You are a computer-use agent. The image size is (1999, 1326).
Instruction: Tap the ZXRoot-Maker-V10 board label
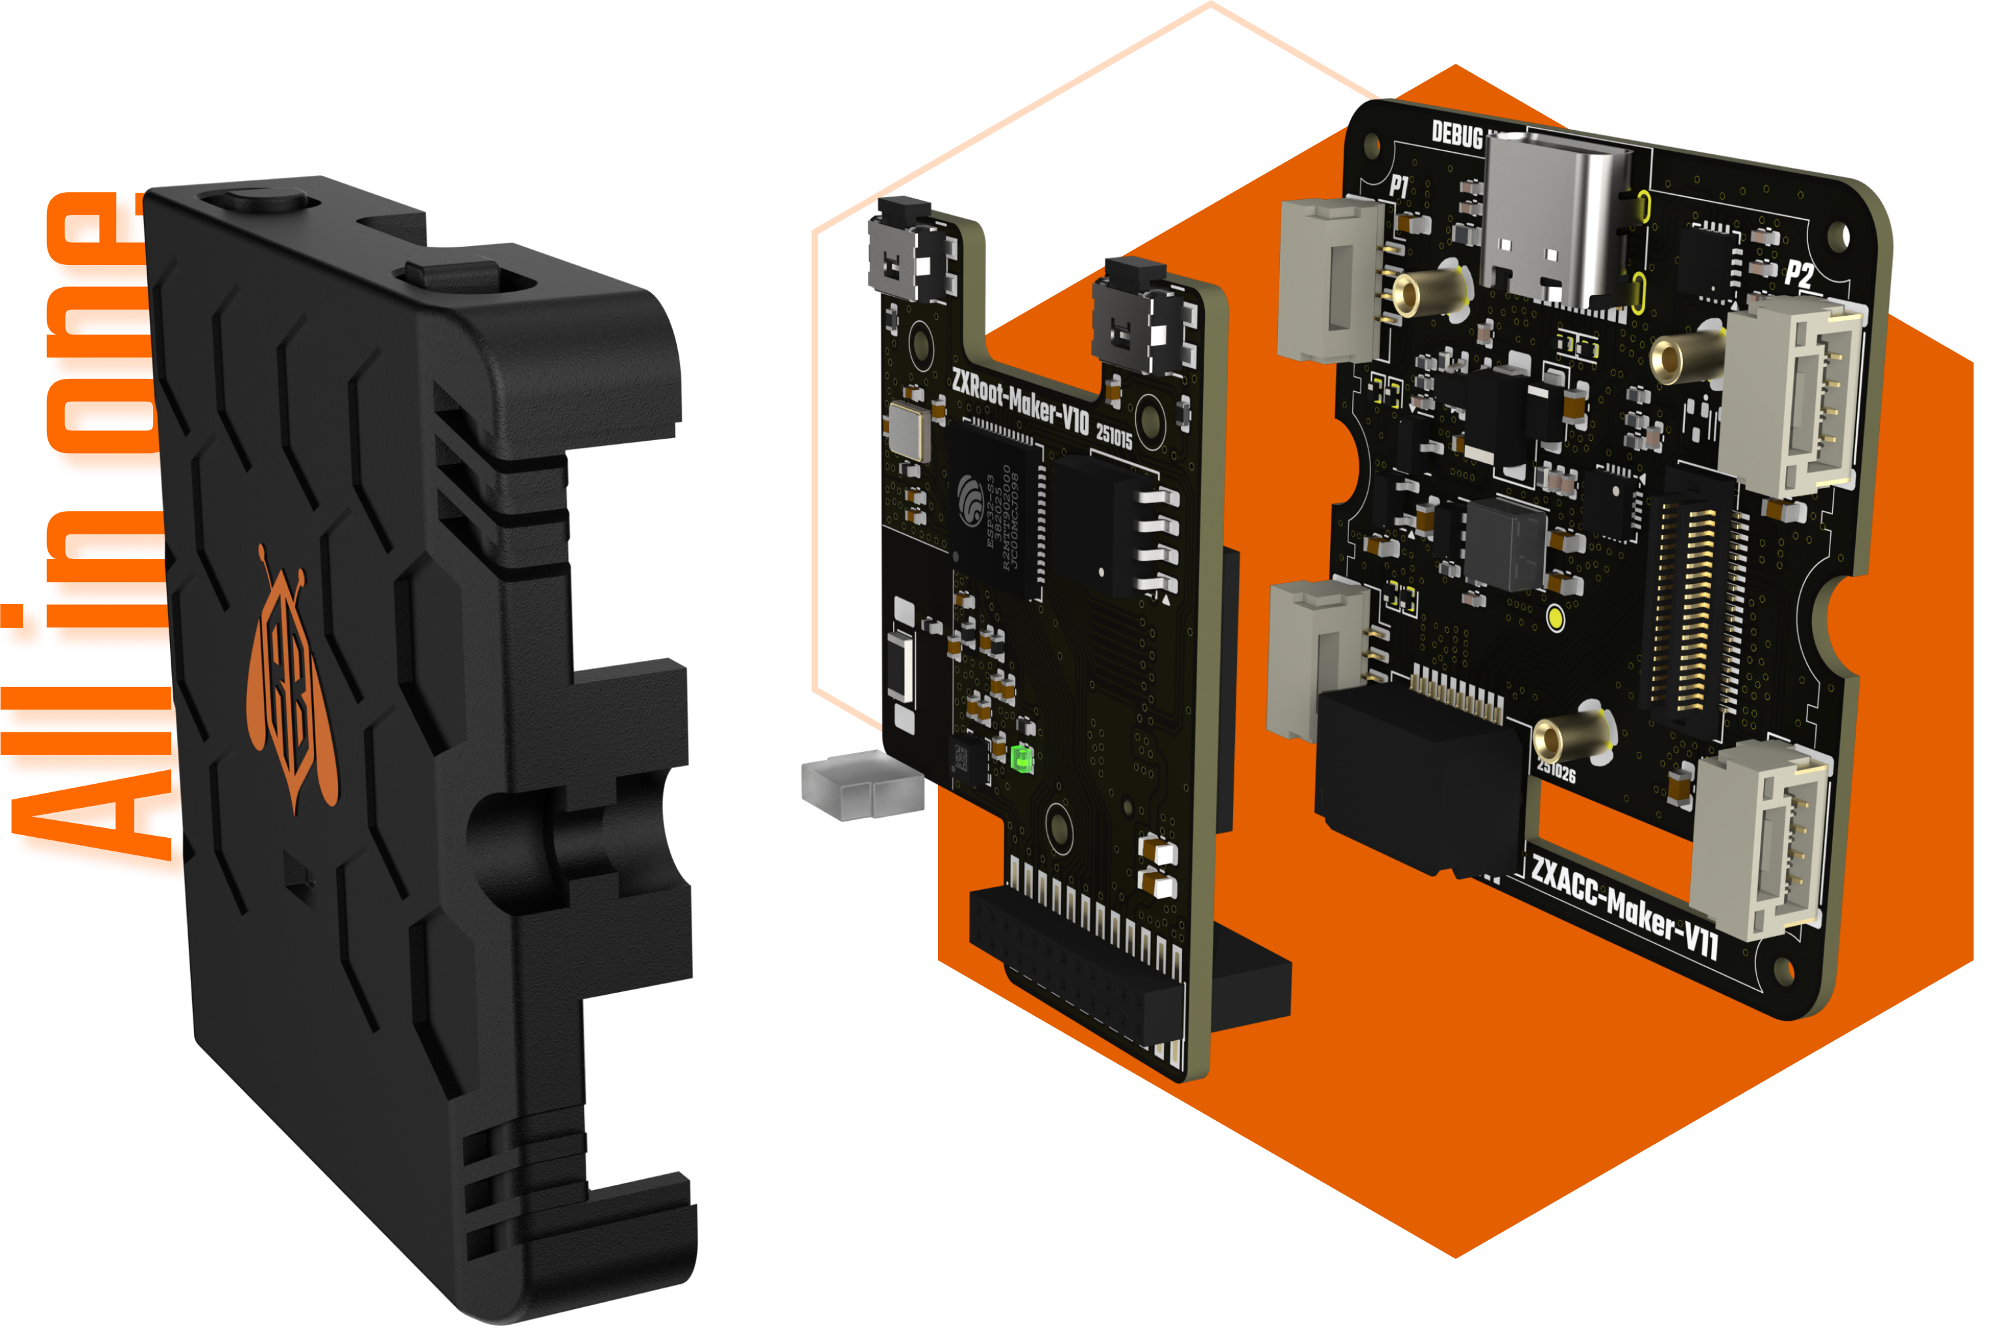click(x=1019, y=402)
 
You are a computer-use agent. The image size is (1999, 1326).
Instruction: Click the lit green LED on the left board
click(x=1022, y=758)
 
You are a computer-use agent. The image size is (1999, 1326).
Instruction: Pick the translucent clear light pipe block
click(x=861, y=785)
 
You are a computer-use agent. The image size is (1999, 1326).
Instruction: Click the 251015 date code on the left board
click(x=1114, y=435)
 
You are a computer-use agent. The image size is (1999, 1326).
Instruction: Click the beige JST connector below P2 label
click(x=1793, y=398)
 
